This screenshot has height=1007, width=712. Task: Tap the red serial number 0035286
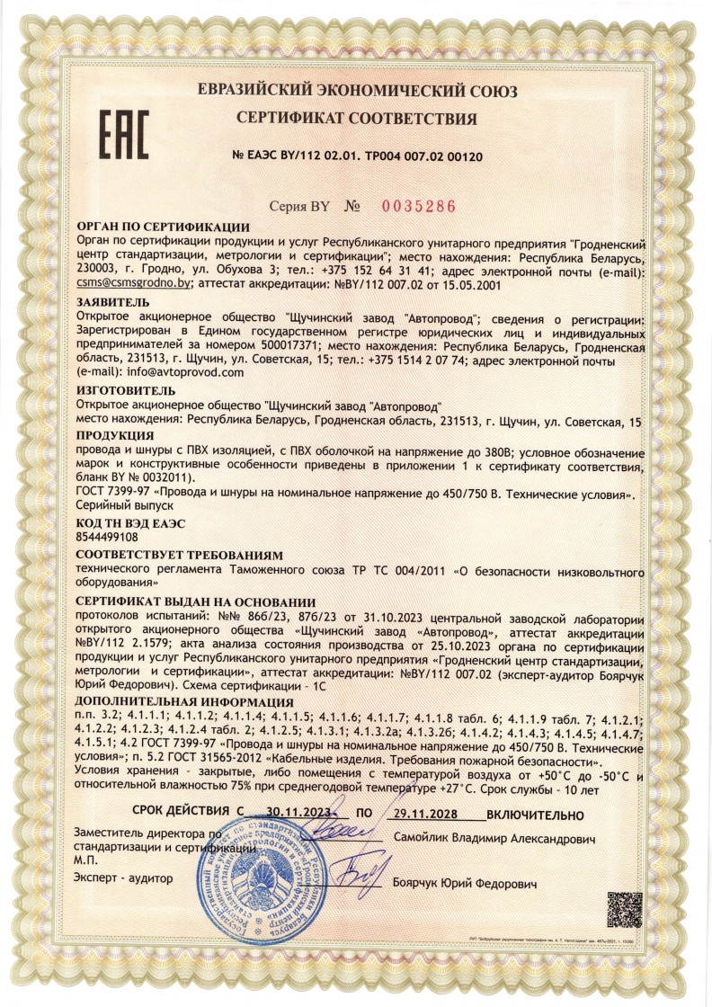pyautogui.click(x=419, y=206)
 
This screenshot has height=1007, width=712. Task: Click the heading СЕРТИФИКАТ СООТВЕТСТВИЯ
pyautogui.click(x=357, y=119)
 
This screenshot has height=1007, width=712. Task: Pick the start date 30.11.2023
pyautogui.click(x=300, y=813)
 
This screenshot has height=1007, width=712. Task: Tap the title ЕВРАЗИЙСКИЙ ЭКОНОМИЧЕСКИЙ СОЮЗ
pyautogui.click(x=357, y=91)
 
